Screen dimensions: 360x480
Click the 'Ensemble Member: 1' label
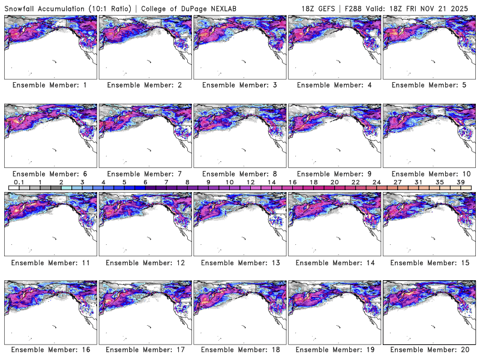coord(50,85)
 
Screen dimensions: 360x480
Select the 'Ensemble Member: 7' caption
coord(145,173)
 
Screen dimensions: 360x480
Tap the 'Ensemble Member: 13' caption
coord(239,262)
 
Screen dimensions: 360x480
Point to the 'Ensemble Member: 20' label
coord(428,349)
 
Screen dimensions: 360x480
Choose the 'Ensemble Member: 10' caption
coord(428,173)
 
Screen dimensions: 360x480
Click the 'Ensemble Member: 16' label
coord(50,349)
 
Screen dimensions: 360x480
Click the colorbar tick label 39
coord(460,182)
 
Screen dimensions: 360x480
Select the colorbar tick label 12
coord(250,182)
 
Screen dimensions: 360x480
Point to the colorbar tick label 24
coord(376,182)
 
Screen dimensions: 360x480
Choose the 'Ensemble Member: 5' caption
coord(428,85)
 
